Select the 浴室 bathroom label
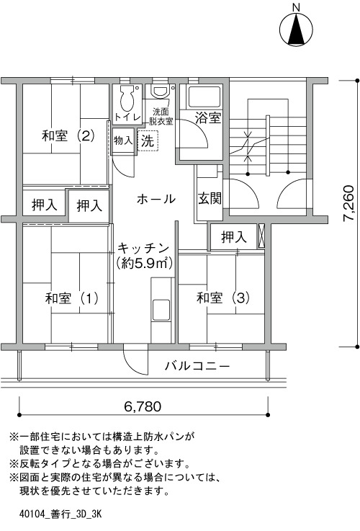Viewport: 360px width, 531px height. tap(208, 117)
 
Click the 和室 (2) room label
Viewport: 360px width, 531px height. tap(68, 135)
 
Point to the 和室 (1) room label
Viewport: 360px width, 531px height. tap(71, 299)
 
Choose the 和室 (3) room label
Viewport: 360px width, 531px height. tap(223, 298)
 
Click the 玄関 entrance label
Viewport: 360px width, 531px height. tap(210, 198)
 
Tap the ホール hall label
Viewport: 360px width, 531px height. tap(156, 199)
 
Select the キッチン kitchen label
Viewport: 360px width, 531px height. tap(143, 249)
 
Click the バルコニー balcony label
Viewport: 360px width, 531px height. tap(197, 366)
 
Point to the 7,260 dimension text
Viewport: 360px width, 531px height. tap(348, 203)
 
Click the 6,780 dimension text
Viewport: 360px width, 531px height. tap(143, 406)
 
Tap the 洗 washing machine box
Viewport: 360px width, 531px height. tap(148, 140)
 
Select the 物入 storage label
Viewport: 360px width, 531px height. tap(123, 140)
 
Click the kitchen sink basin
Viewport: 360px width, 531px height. tap(161, 310)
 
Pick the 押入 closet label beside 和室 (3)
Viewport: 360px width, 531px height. tap(234, 237)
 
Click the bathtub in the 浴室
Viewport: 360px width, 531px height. tap(204, 97)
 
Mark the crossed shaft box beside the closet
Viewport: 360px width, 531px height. tap(261, 236)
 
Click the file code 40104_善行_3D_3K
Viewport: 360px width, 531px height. tap(60, 514)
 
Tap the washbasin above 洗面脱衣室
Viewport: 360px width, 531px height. tap(161, 90)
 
